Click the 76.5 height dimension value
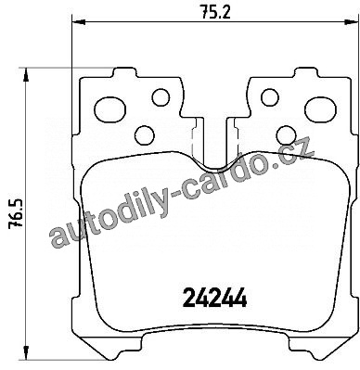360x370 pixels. point(16,213)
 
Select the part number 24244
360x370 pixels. point(215,298)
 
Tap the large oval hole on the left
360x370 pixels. point(109,110)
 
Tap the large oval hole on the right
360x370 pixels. point(320,109)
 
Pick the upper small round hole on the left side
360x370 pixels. point(161,97)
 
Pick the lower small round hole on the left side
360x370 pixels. point(145,134)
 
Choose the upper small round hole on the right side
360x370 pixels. point(270,97)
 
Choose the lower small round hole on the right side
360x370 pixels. point(286,134)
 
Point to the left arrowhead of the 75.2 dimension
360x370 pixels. point(78,21)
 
